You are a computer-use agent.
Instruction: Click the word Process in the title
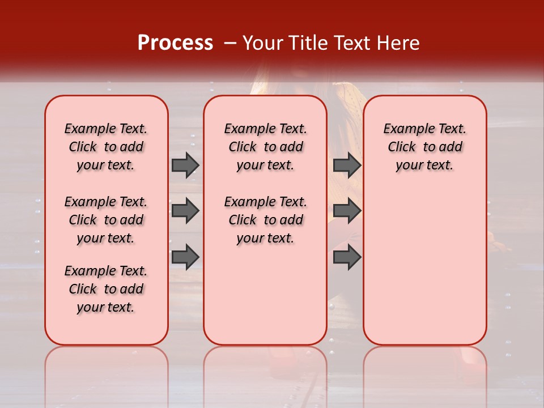[x=175, y=43]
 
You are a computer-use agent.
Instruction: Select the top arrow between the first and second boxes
[x=185, y=165]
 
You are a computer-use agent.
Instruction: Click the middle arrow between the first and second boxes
[x=185, y=211]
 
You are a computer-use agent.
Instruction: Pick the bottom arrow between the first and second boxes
[x=185, y=257]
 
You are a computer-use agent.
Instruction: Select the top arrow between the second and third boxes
[x=347, y=165]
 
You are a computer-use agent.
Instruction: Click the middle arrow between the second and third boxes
[x=347, y=211]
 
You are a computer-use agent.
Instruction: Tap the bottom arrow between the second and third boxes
[x=347, y=257]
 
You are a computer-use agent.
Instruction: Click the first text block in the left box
[x=106, y=147]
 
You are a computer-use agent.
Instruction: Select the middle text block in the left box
[x=106, y=220]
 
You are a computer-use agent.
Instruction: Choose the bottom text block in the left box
[x=106, y=289]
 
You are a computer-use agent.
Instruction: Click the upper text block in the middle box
[x=265, y=147]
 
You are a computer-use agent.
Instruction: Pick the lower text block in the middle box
[x=265, y=220]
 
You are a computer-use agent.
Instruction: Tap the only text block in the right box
[x=424, y=147]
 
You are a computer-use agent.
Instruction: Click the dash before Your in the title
[x=230, y=44]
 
